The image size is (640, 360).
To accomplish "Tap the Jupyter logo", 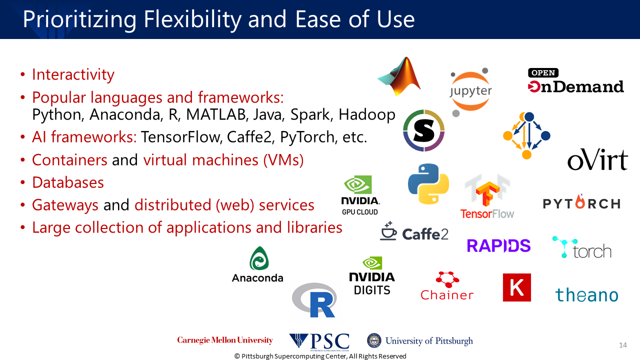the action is tap(470, 91).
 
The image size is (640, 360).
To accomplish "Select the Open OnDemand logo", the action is tap(575, 81).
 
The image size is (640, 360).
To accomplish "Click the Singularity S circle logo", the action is tap(423, 130).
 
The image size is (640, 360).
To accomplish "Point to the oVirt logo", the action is tap(597, 159).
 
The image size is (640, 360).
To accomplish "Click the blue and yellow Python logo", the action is tap(428, 184).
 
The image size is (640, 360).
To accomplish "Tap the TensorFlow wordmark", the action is tap(487, 214).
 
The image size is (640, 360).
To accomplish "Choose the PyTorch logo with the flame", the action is tap(581, 202).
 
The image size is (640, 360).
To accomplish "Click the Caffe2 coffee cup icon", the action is tap(388, 231).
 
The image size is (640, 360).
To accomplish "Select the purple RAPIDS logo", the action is tap(498, 245).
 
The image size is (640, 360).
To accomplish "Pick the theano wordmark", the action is tap(586, 295).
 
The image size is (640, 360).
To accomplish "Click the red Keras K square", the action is tap(517, 287).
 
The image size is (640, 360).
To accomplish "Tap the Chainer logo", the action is tap(447, 285).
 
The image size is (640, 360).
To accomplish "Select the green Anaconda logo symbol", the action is tap(259, 258).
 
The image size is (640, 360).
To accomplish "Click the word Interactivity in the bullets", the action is tap(73, 74).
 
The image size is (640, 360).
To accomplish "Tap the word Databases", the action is tap(68, 182).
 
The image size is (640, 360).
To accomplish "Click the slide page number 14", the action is tap(623, 345).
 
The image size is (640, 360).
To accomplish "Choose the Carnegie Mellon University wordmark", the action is tap(225, 340).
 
